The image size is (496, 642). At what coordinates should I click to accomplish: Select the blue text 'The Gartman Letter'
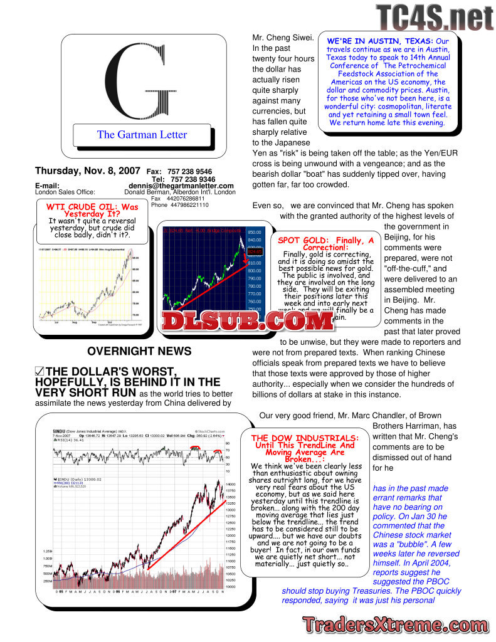point(142,134)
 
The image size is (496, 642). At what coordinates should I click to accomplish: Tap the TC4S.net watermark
point(435,17)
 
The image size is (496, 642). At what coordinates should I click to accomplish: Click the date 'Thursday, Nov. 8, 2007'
point(88,171)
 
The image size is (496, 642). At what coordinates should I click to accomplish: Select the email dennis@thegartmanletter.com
point(181,186)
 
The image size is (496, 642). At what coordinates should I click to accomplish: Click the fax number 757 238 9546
point(190,172)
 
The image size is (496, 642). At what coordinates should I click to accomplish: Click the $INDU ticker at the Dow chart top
point(61,431)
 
